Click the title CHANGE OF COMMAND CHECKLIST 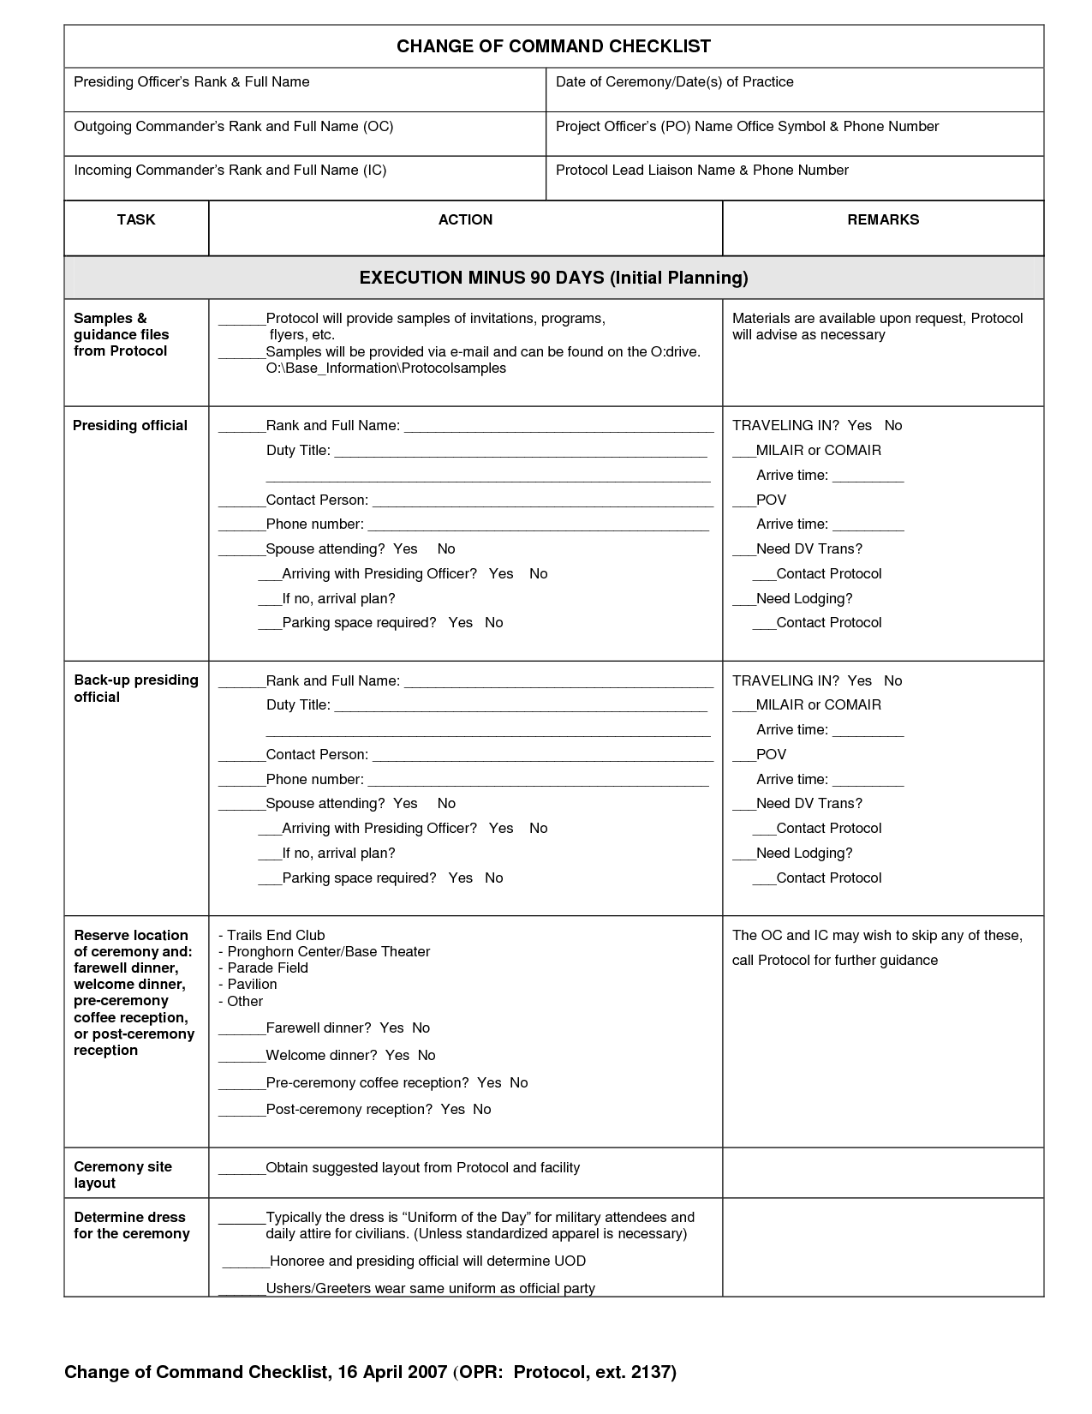coord(553,46)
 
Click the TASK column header coord(135,219)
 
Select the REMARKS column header coord(883,219)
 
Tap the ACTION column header coord(465,219)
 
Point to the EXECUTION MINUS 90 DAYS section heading coord(553,278)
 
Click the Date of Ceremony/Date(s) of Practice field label coord(674,82)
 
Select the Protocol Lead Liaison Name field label coord(701,171)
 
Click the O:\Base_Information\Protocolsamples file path coord(385,368)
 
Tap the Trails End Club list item coord(276,935)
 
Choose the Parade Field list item coord(267,968)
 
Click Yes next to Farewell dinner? coord(391,1028)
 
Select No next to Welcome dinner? coord(427,1055)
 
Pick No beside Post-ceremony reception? coord(482,1109)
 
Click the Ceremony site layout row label coord(122,1175)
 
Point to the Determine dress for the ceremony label coord(131,1225)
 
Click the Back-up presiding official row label coord(135,688)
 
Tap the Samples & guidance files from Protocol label coord(121,334)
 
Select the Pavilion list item coord(252,984)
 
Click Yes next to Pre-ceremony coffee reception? coord(489,1082)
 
